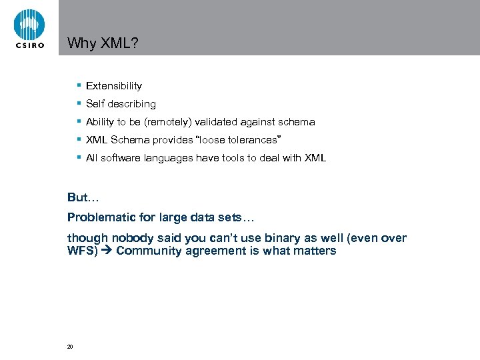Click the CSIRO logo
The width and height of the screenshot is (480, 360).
(29, 28)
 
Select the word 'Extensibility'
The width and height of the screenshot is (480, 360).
(114, 86)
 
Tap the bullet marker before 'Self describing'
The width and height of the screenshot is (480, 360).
(79, 103)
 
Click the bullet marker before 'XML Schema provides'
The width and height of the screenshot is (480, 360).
(79, 139)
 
